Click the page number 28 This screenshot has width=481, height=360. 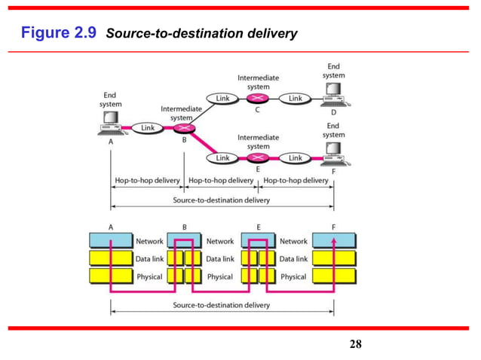(x=356, y=345)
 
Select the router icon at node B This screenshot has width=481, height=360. (x=185, y=129)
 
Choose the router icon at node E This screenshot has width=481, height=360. (x=259, y=158)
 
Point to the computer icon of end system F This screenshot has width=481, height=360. (x=332, y=156)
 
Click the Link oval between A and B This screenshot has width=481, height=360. (x=148, y=129)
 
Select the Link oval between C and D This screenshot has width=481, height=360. (x=296, y=99)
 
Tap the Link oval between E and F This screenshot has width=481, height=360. (x=296, y=158)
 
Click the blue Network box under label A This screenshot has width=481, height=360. (x=111, y=241)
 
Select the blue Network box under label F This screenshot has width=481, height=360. (x=333, y=241)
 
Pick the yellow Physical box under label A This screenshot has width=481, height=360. (x=111, y=277)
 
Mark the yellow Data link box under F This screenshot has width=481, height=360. (x=333, y=259)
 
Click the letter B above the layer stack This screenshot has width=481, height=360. (x=185, y=225)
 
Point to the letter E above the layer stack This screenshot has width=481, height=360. (x=259, y=225)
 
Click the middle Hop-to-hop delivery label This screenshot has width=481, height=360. (x=222, y=181)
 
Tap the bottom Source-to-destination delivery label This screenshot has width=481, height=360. (x=222, y=306)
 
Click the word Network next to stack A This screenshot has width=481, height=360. (x=149, y=241)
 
